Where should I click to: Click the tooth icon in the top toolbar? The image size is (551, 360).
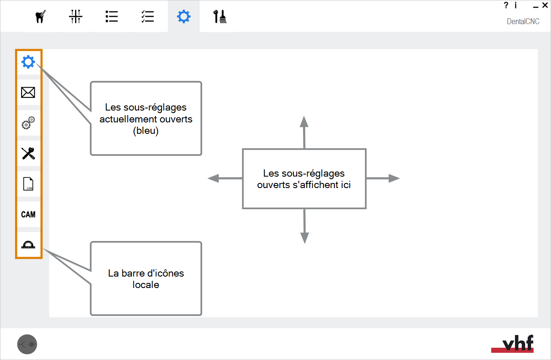tap(40, 17)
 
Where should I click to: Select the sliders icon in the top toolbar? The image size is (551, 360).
tap(76, 17)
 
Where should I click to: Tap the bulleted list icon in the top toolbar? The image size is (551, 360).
tap(111, 17)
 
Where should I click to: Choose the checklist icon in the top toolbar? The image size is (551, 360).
tap(147, 17)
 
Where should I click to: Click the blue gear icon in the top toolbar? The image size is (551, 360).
tap(184, 17)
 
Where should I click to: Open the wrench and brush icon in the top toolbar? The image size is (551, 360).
tap(220, 17)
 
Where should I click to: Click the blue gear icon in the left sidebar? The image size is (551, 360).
tap(28, 62)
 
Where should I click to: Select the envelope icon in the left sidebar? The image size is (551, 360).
tap(28, 92)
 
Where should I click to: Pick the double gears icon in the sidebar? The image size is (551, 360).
tap(28, 123)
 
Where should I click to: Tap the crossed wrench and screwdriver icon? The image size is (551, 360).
tap(28, 153)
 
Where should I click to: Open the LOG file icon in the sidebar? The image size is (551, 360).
tap(28, 184)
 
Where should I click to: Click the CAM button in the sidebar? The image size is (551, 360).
tap(28, 215)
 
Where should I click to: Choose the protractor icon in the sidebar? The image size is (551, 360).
tap(28, 245)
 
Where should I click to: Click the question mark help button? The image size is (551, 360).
tap(506, 5)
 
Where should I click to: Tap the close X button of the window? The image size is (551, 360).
tap(545, 5)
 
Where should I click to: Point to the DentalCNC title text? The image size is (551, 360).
tap(523, 21)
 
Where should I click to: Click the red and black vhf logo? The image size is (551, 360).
tap(512, 343)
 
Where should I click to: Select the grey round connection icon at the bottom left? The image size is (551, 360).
tap(27, 344)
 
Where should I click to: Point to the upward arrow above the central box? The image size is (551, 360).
tap(304, 132)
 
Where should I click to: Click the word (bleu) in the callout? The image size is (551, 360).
tap(146, 130)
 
